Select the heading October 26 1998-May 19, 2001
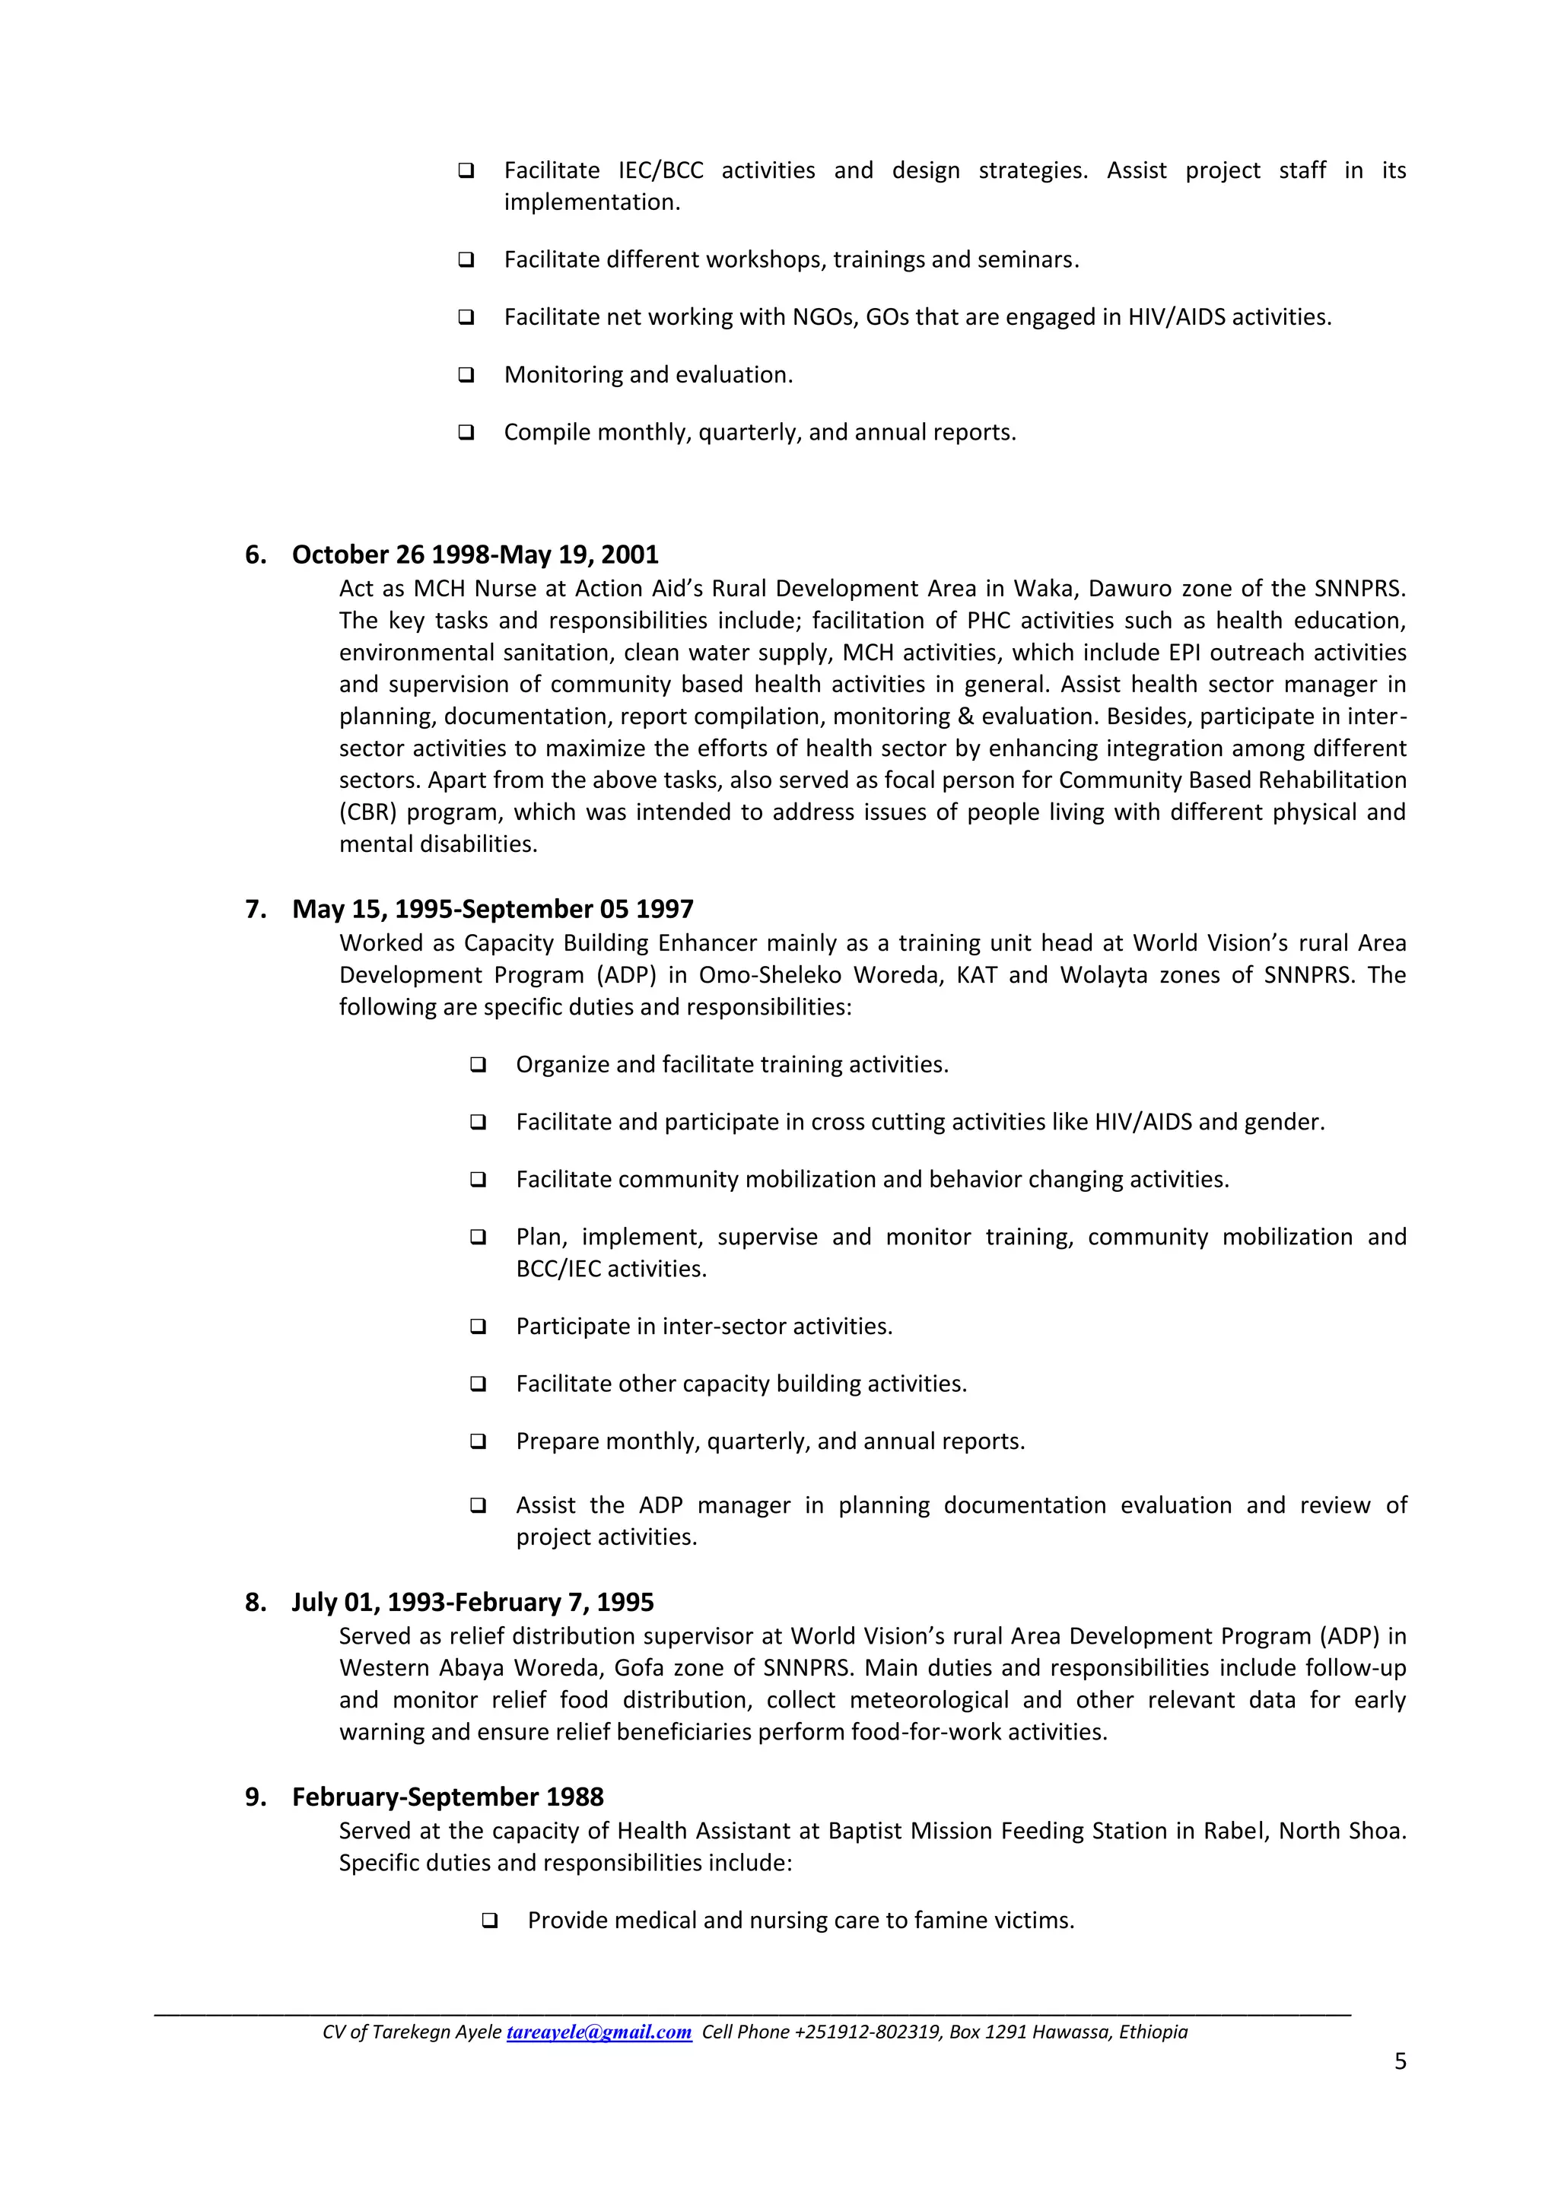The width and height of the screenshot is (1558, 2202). pos(475,555)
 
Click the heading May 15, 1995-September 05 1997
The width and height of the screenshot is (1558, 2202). pos(492,909)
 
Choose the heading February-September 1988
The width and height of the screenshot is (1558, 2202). pos(447,1797)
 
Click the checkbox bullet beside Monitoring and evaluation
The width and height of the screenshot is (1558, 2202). pos(466,375)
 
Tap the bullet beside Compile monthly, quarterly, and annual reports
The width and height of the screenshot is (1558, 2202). pos(466,433)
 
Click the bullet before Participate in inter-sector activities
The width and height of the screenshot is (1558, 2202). pos(478,1327)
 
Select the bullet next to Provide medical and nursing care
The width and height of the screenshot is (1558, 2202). pos(489,1921)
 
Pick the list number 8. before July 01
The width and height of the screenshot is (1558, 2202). pos(255,1603)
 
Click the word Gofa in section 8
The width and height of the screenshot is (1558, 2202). pos(639,1668)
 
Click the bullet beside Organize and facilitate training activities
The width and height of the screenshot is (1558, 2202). pos(478,1065)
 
